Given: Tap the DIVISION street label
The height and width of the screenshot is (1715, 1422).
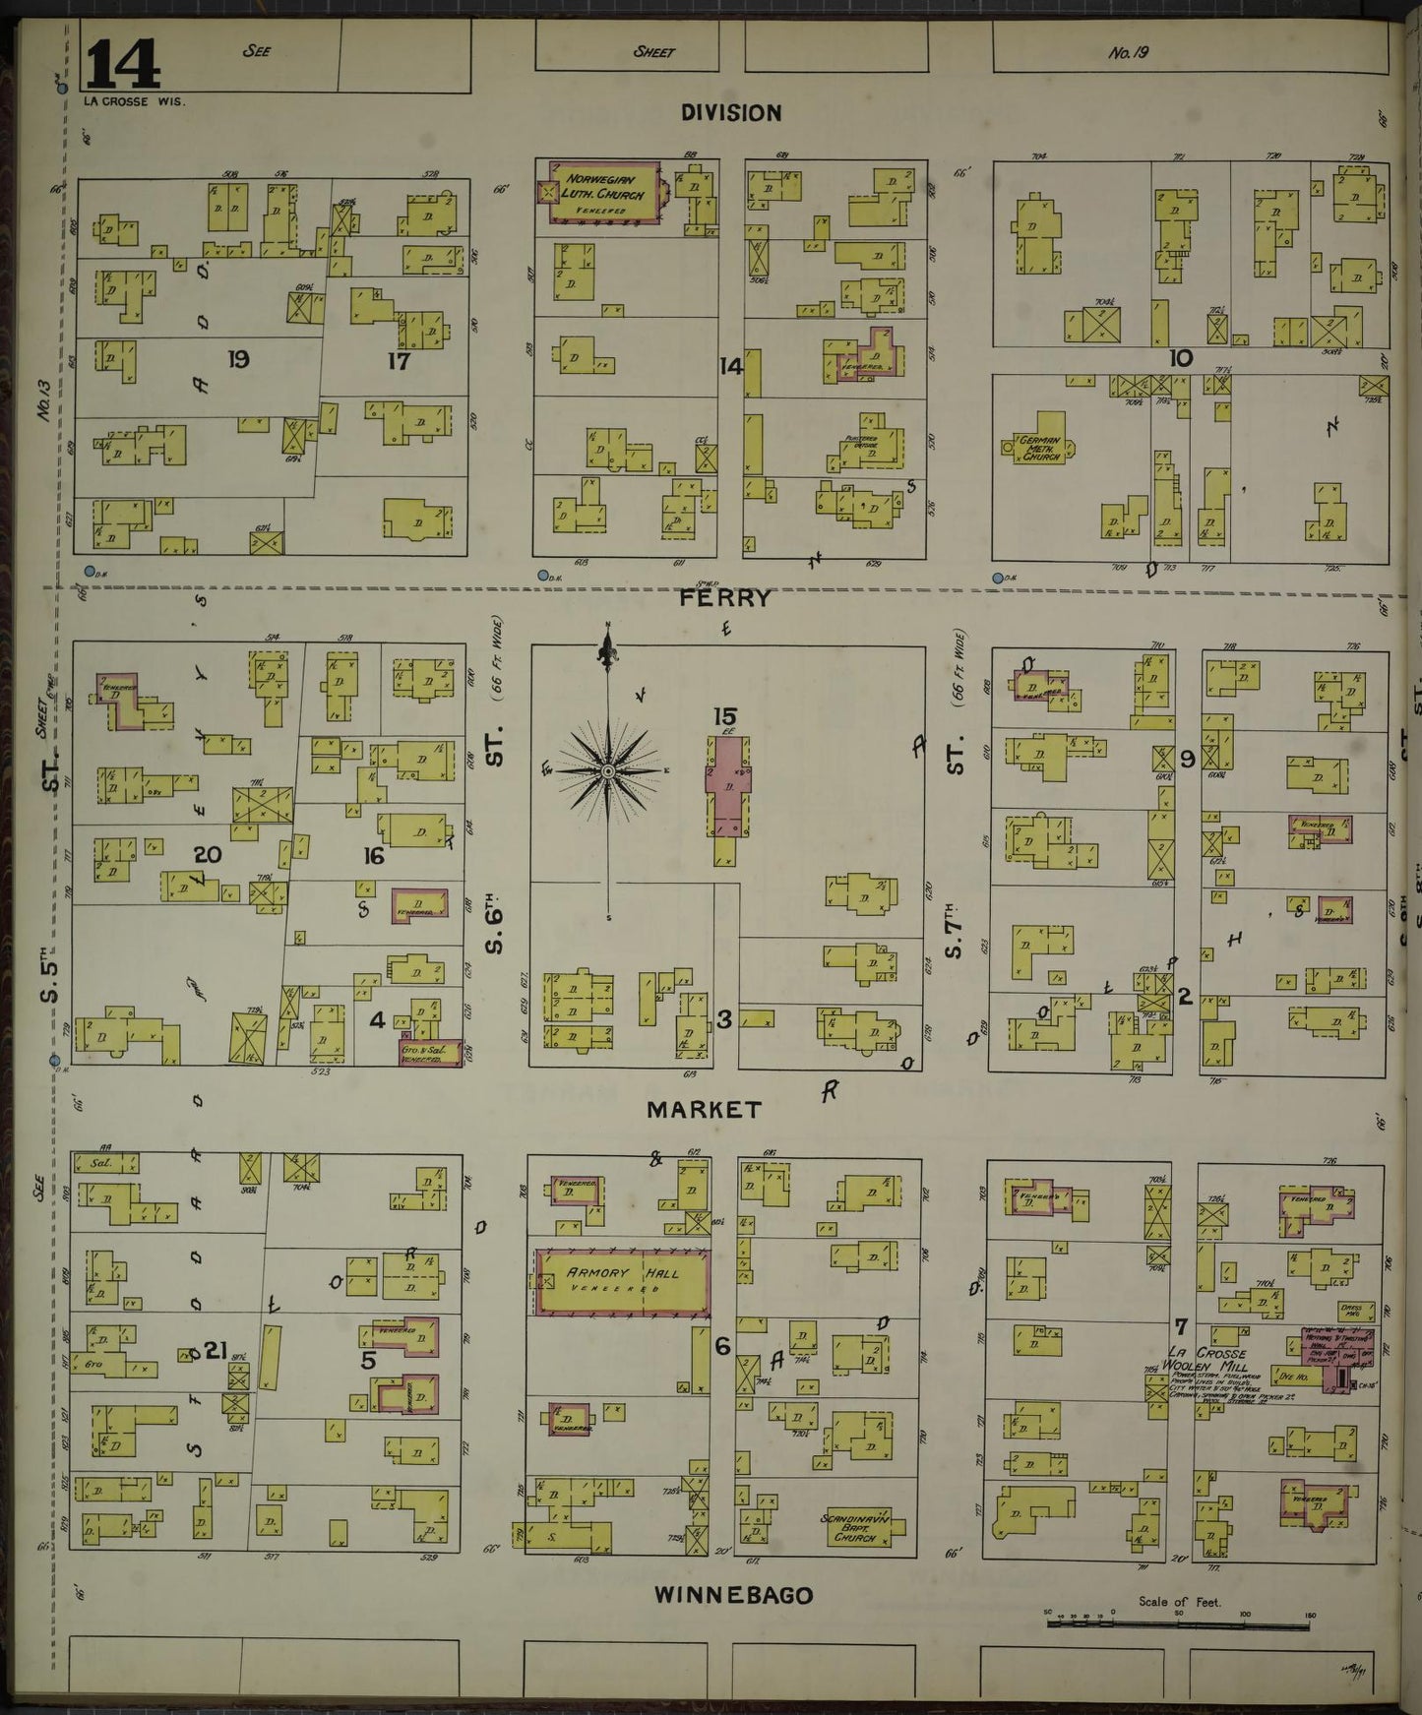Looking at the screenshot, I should tap(731, 113).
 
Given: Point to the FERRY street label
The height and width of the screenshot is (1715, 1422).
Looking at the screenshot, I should tap(728, 597).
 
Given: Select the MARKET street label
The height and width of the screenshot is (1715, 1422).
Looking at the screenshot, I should tap(704, 1110).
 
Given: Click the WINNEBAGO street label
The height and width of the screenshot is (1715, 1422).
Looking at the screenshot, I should tap(734, 1596).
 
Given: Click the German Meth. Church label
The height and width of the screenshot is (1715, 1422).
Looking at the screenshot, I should tap(1040, 450).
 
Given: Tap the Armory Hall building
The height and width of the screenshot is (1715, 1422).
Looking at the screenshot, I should tap(623, 1281).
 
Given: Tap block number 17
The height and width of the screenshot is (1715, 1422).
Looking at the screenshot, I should tap(399, 360).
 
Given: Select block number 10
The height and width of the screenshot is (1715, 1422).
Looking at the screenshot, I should tap(1180, 358).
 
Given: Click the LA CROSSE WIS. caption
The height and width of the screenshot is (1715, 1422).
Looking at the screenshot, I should tap(135, 100).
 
